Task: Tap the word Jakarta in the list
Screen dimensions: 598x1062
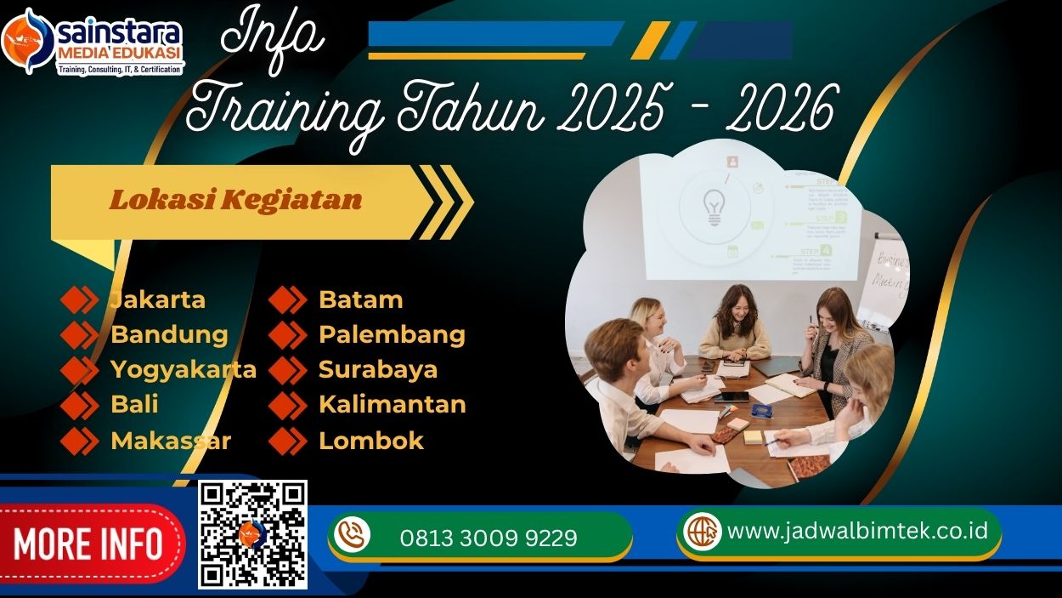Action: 158,299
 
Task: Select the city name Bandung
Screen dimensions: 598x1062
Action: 169,334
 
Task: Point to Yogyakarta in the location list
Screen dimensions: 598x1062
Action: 184,369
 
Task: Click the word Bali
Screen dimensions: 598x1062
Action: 134,404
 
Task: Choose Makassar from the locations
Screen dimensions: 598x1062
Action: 171,441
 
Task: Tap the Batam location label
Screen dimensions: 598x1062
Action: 360,299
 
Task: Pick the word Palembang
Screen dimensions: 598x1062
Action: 392,334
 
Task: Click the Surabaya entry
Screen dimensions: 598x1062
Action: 378,369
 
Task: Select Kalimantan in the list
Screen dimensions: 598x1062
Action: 393,404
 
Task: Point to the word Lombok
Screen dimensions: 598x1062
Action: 371,441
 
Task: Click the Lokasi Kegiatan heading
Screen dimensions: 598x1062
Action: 235,201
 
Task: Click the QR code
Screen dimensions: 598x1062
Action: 252,534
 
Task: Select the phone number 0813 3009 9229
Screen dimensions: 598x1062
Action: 489,538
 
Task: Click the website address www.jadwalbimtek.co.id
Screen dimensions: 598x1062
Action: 858,530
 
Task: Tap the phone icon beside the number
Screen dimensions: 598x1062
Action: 352,534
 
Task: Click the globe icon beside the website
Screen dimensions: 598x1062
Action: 703,531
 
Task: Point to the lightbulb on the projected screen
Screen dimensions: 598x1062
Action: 712,207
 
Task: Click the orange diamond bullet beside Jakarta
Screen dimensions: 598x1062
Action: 80,299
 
